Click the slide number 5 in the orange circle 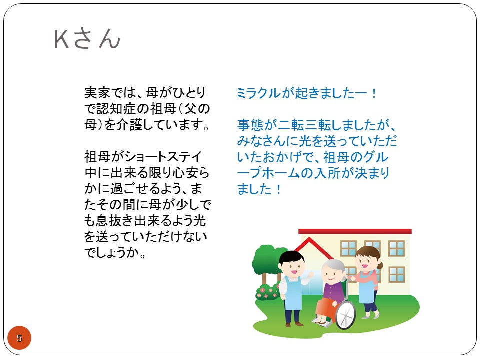19,338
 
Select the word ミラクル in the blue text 258,93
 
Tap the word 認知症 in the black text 116,108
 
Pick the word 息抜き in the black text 115,221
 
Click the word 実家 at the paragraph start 97,93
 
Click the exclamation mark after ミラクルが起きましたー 374,93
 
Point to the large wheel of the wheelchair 346,315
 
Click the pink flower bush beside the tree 267,292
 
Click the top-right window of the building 396,248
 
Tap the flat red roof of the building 355,231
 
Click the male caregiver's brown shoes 294,324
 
